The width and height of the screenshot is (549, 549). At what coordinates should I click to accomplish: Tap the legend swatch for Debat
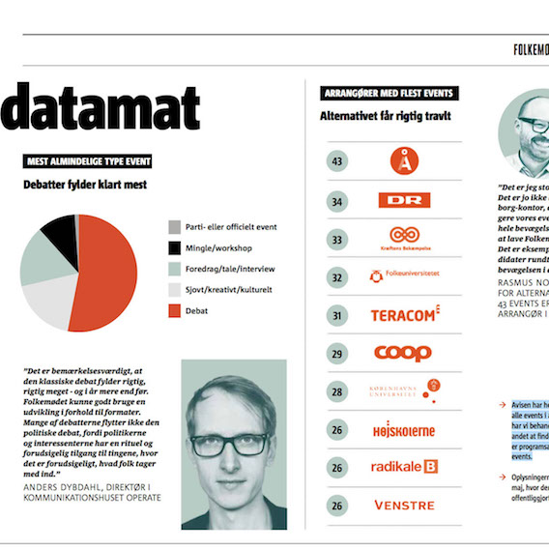coord(174,311)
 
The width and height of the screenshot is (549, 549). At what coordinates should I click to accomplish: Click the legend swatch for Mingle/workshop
coord(174,247)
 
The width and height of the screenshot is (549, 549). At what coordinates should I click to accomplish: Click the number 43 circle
coord(337,160)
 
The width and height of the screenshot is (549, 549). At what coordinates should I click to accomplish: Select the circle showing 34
coord(337,202)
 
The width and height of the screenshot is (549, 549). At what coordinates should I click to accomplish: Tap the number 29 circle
coord(337,354)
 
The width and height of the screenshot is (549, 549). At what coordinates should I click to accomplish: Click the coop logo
coord(403,353)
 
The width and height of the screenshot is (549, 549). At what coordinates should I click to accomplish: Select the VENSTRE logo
coord(404,506)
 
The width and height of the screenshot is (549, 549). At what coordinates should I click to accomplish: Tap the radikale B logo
coord(405,468)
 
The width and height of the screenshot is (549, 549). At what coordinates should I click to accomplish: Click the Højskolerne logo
coord(404,431)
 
